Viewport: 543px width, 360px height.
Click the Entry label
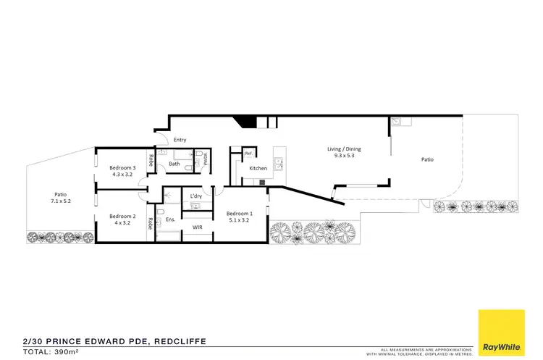point(180,139)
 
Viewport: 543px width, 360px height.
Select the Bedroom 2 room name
point(122,216)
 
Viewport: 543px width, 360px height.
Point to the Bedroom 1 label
point(240,213)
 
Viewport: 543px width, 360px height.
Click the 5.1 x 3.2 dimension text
point(240,220)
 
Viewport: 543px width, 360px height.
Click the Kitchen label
point(258,168)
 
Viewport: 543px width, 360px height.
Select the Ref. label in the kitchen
point(248,153)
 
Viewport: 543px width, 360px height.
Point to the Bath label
point(174,164)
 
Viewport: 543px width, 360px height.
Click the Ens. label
point(170,219)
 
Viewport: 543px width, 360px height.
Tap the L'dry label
point(195,196)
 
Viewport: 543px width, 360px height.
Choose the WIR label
point(197,227)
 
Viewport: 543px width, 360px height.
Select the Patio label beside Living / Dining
point(427,159)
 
